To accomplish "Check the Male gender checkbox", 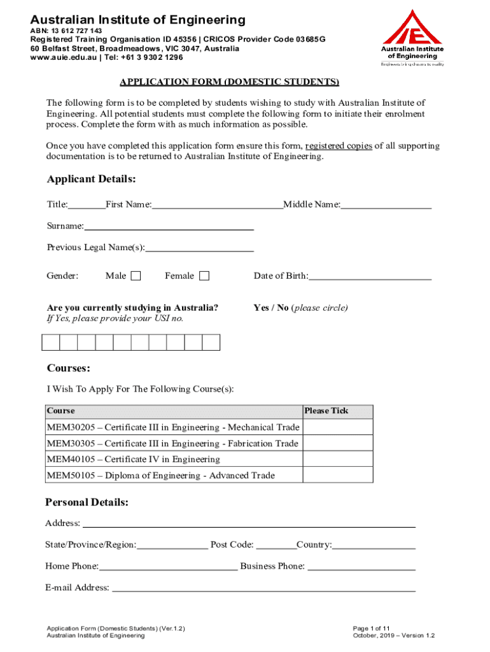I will click(x=136, y=276).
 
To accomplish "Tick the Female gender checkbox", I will click(x=204, y=276).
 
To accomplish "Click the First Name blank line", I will click(x=217, y=204).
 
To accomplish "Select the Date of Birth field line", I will click(x=370, y=276).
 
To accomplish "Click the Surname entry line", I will click(x=169, y=226).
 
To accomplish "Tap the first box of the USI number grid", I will click(x=51, y=343).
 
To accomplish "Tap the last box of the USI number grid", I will click(x=211, y=343).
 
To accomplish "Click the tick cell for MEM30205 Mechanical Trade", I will click(x=338, y=427).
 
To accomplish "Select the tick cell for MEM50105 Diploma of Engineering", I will click(x=338, y=476).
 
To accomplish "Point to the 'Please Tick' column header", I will click(x=326, y=411).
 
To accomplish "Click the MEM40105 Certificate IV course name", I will click(x=134, y=459).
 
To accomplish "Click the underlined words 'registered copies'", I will click(x=339, y=146).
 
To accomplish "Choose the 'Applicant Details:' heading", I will click(x=92, y=179).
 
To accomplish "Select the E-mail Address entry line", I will click(x=263, y=588).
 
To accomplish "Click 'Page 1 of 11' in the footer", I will click(x=372, y=628).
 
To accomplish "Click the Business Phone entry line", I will click(x=361, y=566).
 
